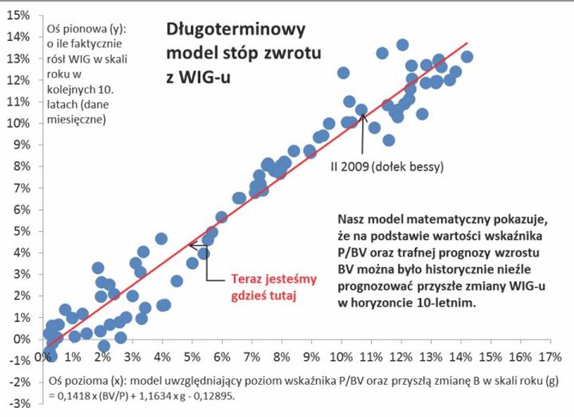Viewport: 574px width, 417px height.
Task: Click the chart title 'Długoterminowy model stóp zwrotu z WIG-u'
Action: pos(235,53)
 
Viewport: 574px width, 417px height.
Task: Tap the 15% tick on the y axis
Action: pos(19,15)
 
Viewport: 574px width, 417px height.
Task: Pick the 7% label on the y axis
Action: pos(21,188)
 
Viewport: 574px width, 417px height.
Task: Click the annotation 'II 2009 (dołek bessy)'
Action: pos(386,168)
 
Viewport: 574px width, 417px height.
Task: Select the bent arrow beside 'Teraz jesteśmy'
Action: pos(201,264)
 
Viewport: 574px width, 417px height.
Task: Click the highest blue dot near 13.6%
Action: pos(402,45)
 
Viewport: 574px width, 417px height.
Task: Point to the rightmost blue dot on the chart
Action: pos(466,57)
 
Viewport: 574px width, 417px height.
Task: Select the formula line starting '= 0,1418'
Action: pos(146,395)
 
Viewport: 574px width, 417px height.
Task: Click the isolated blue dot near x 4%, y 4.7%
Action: pos(161,239)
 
